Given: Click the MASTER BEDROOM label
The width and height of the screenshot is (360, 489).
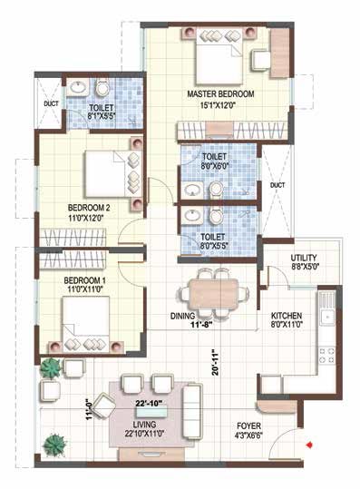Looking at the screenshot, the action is point(220,93).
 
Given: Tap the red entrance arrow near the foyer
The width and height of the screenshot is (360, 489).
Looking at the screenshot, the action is point(309,445).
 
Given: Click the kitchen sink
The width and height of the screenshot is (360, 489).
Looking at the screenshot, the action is point(327,317).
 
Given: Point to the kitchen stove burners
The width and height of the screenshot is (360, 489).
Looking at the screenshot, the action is point(326,357).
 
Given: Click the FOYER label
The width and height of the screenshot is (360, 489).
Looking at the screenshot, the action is point(248,426).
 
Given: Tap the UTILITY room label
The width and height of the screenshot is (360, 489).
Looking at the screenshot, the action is point(304,258).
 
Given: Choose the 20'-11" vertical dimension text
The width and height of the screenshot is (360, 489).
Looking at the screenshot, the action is point(216,362).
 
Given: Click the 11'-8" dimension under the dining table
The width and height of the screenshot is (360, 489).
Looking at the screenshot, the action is point(201,325).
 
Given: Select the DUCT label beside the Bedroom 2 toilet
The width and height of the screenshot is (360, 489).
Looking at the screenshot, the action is point(51,103).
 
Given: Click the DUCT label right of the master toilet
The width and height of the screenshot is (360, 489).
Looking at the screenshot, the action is point(277,185).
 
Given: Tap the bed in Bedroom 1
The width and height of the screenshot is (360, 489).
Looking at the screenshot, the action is point(86,325).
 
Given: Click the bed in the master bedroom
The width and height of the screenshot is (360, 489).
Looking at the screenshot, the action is point(219,56).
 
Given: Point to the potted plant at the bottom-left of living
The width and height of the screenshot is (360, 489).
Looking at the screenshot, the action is point(54,445).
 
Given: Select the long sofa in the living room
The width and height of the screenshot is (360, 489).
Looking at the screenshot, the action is point(192,411).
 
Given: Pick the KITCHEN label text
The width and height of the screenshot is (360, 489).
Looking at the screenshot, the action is point(287,316).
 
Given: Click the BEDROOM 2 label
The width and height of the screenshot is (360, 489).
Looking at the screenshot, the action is point(89,208).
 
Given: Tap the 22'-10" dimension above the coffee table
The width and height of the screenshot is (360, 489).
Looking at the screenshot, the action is point(150,403).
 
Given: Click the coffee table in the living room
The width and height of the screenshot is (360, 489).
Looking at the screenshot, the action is point(151,412).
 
